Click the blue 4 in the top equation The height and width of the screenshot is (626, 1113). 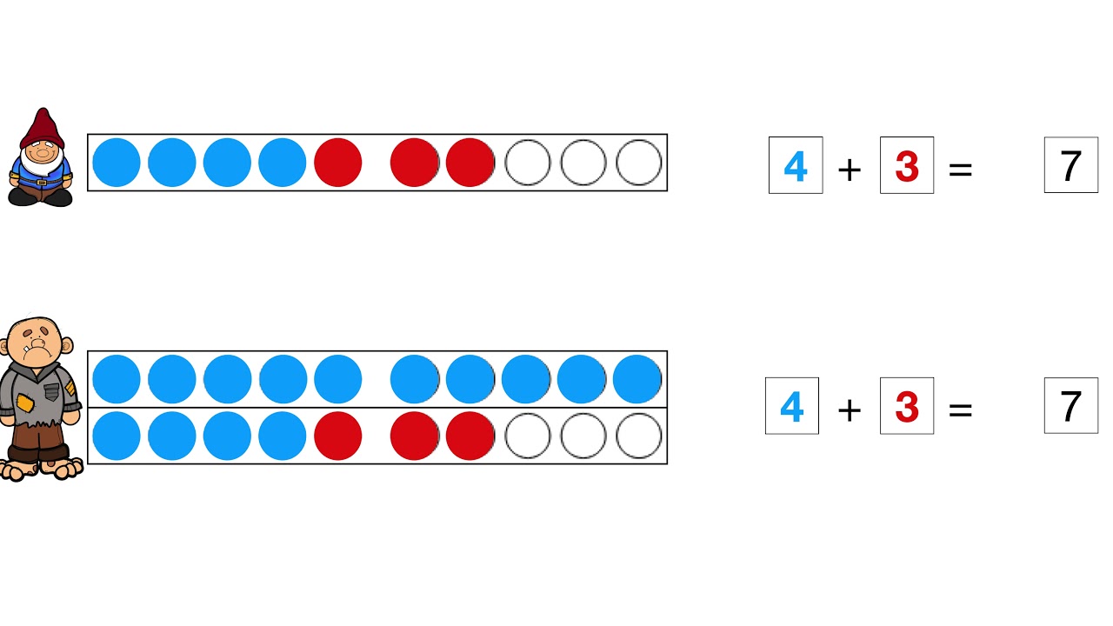795,166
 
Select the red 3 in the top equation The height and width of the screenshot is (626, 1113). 906,166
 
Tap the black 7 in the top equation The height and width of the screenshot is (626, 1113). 1070,166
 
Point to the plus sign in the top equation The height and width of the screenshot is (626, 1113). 850,170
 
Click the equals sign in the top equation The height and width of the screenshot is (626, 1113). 960,170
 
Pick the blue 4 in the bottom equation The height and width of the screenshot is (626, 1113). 791,407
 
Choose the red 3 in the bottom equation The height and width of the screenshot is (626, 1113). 906,407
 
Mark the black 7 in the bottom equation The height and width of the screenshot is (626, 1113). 1070,406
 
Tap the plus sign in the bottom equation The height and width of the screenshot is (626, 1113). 850,410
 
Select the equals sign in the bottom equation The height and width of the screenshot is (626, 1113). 960,410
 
